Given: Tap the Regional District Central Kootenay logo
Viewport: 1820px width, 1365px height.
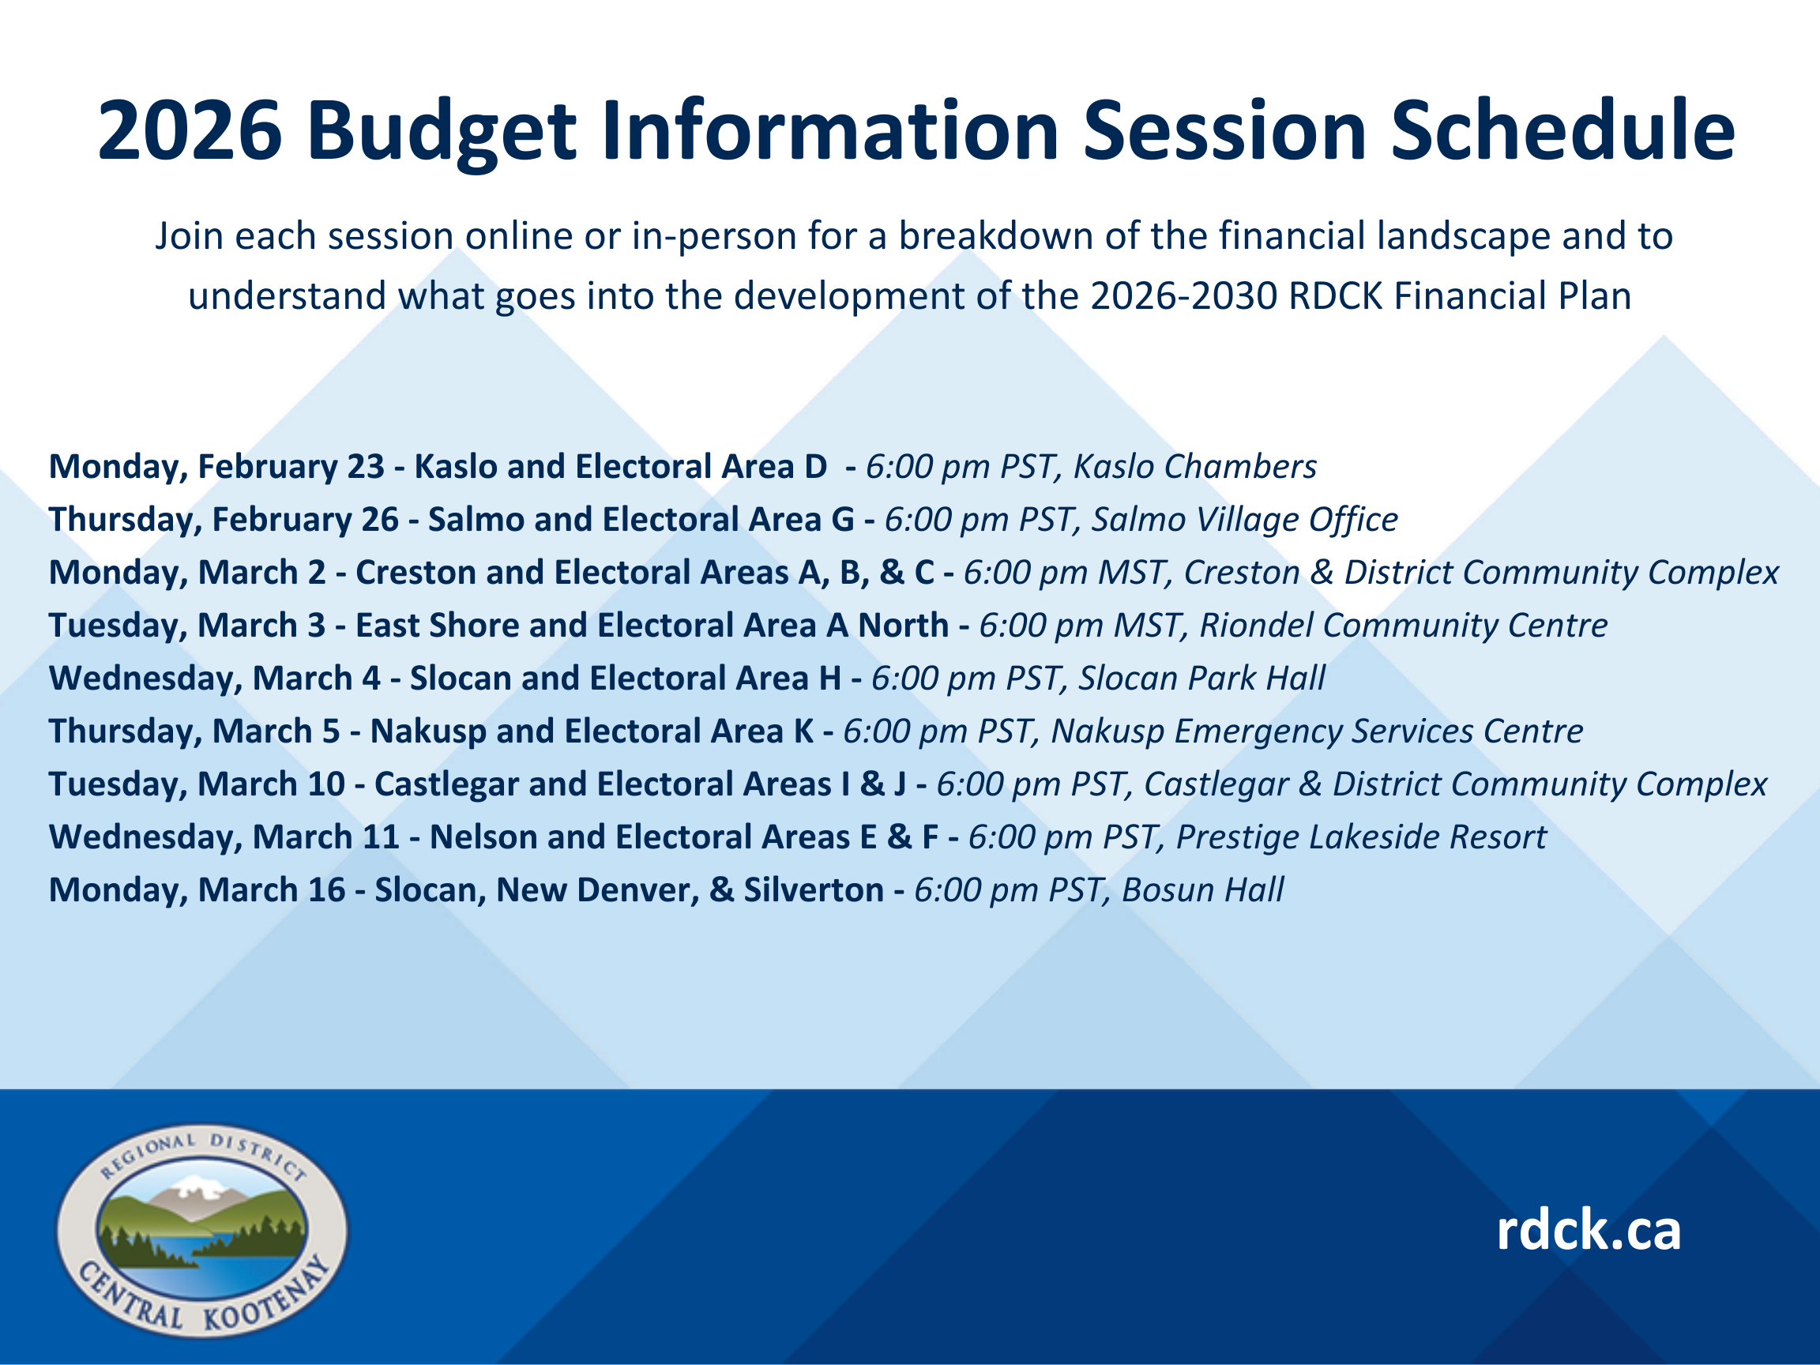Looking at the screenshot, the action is click(201, 1231).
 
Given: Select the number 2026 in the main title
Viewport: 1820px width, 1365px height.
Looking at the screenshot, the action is click(190, 130).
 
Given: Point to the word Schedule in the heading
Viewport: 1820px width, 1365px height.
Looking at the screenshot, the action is click(1563, 130).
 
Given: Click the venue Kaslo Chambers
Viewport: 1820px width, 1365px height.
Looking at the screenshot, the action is click(1194, 467).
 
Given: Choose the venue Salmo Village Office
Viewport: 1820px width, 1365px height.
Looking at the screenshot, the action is click(1244, 519).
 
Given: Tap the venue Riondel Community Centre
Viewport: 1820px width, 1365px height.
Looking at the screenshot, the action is click(1404, 626).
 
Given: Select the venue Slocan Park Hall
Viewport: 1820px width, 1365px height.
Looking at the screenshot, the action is click(1202, 678).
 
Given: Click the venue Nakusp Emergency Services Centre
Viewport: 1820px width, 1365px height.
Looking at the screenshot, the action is click(1318, 731).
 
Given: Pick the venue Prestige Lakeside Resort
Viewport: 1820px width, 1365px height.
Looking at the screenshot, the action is click(1362, 837).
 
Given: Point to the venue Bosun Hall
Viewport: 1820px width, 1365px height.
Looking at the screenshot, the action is click(1202, 889).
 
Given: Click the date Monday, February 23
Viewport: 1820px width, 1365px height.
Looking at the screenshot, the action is click(216, 467).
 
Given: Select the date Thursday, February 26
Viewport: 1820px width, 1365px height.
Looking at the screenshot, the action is click(224, 519).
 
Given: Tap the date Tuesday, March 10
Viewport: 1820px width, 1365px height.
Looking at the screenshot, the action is click(197, 784).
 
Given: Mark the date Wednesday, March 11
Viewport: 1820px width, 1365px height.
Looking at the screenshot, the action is click(224, 837).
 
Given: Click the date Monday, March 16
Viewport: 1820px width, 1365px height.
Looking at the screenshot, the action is click(197, 889).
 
